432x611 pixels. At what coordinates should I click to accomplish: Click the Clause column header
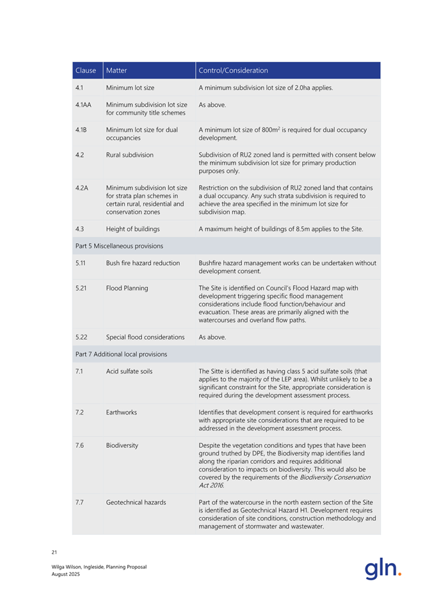coord(85,70)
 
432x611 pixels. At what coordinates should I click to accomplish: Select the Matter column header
coord(117,70)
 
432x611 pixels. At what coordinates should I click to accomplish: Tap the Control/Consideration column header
coord(234,70)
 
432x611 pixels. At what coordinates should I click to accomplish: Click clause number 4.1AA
coord(82,104)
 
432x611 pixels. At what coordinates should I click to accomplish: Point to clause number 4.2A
coord(81,187)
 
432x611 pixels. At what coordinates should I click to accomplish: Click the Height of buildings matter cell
coord(133,229)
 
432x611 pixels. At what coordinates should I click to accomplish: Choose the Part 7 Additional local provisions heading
coord(121,354)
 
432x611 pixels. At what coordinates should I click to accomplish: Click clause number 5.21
coord(81,288)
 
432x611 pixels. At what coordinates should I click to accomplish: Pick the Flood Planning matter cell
coord(127,288)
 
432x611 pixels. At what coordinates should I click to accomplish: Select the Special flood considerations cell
coord(145,337)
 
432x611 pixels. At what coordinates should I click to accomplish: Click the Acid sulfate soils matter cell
coord(129,371)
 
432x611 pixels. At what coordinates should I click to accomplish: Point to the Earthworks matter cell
coord(122,413)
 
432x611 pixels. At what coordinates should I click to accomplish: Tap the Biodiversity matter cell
coord(123,445)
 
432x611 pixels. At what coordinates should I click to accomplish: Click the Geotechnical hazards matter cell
coord(136,502)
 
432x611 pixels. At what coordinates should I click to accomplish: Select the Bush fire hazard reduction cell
coord(143,263)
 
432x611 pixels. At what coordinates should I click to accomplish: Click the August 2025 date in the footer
coord(66,575)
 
